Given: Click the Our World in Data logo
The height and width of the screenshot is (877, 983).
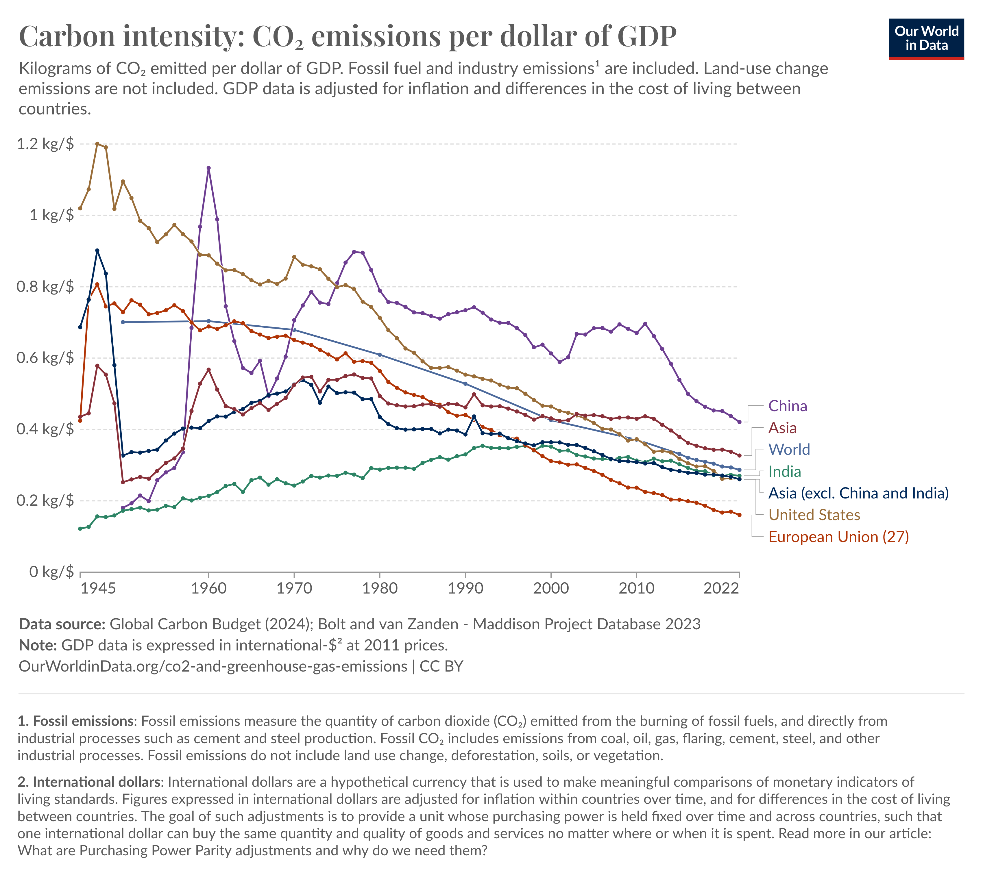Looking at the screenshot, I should pyautogui.click(x=926, y=38).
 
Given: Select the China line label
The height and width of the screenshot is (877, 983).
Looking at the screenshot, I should pyautogui.click(x=787, y=406).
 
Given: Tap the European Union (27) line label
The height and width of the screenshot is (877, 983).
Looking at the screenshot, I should pyautogui.click(x=838, y=537).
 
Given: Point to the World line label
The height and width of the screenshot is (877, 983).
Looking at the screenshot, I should pyautogui.click(x=789, y=450).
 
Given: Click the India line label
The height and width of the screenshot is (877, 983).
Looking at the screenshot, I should pyautogui.click(x=784, y=472).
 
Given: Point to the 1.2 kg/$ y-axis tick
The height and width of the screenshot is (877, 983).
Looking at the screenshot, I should pyautogui.click(x=45, y=144).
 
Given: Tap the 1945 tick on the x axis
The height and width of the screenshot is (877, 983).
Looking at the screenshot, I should pyautogui.click(x=98, y=588).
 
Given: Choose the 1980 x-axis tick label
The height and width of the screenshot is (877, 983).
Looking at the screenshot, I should pyautogui.click(x=380, y=588).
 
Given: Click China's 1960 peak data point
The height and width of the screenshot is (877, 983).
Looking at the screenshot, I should pyautogui.click(x=208, y=168).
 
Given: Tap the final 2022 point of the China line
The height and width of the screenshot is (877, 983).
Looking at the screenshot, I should pyautogui.click(x=739, y=422).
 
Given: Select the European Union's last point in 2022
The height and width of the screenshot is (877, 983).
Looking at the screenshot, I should pyautogui.click(x=739, y=515).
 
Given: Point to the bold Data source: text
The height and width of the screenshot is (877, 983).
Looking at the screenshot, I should pyautogui.click(x=62, y=624).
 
